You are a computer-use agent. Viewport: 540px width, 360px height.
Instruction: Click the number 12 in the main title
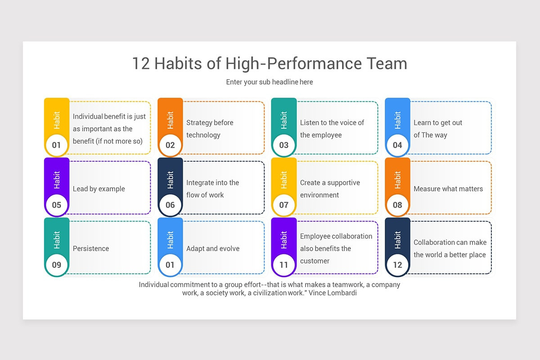(141, 63)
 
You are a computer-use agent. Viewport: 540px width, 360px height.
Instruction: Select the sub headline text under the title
(270, 82)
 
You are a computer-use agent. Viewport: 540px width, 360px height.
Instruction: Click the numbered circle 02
(170, 145)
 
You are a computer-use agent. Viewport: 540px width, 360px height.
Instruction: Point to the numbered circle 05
(56, 205)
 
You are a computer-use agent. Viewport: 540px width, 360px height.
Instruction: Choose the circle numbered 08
(397, 205)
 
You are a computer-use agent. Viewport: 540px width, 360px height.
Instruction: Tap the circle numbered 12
(397, 265)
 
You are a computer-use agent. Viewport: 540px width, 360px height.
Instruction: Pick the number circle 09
(56, 265)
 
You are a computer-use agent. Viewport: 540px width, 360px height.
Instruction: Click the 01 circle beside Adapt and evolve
(170, 265)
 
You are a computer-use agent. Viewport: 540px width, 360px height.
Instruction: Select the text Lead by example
(99, 189)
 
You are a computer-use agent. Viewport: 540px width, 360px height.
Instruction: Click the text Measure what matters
(448, 189)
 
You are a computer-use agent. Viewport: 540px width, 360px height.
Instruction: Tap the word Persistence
(91, 248)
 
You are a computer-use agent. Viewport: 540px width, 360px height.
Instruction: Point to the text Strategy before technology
(210, 129)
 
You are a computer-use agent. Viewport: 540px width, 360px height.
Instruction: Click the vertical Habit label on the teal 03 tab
(284, 120)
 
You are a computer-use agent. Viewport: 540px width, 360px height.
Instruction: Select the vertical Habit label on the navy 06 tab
(170, 180)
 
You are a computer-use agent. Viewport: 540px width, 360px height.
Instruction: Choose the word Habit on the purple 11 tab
(284, 240)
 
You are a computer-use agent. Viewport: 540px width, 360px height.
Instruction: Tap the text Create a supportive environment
(330, 189)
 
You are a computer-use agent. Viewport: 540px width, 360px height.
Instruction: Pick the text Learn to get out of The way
(437, 129)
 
